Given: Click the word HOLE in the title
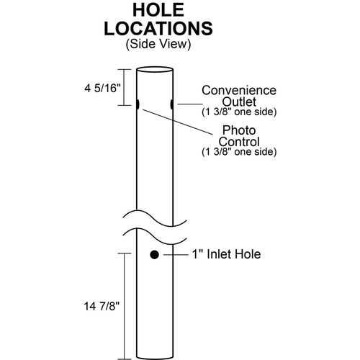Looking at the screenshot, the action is point(158,10).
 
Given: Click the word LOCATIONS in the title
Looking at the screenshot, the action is point(158,29).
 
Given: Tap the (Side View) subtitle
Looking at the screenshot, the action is point(158,44).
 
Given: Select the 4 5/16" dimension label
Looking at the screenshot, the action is point(102,89).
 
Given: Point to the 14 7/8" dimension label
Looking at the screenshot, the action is point(102,306).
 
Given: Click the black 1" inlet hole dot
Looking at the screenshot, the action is point(154,254).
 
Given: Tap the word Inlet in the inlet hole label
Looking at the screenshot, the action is point(220,254).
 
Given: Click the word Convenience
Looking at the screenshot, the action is point(239,90).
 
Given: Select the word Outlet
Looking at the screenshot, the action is point(239,102).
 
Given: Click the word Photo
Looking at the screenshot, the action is point(239,130).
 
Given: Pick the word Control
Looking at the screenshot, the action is point(239,142).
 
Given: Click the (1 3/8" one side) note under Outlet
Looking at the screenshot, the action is point(239,112).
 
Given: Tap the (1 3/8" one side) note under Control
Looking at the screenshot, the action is point(239,152).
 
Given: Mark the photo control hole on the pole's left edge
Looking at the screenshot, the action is point(138,104).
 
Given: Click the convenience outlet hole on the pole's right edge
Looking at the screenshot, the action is point(172,104).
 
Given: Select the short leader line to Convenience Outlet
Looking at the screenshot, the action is point(190,104).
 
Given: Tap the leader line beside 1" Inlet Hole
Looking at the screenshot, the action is point(176,255).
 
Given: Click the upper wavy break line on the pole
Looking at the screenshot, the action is point(155,219).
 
